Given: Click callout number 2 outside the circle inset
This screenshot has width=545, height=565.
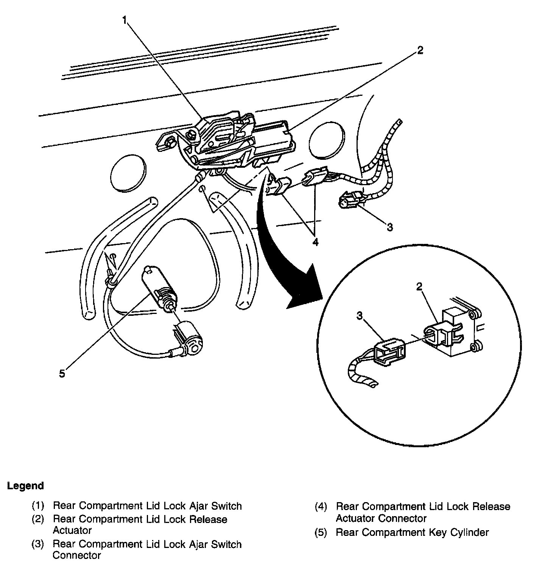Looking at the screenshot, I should pos(420,50).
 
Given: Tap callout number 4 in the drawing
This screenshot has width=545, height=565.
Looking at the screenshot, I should pos(315,241).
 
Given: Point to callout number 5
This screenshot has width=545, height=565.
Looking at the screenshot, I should pos(62,373).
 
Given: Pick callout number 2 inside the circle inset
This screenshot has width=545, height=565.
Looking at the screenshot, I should pos(419,287).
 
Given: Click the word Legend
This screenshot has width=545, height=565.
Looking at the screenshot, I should pos(25,486).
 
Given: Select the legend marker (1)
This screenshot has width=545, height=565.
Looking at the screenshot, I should pos(38,506).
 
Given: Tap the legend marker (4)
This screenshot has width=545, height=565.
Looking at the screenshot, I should pos(321,506).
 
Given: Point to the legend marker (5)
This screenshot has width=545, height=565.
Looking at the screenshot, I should pos(321,532).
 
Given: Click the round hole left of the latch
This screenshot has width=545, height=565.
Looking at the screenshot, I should pos(129,172).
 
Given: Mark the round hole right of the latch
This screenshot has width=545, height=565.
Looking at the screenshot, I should pos(327,139).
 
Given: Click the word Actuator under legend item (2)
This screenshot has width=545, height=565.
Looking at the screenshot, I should pos(72,530).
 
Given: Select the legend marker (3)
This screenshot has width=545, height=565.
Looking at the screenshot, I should pos(38,544).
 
